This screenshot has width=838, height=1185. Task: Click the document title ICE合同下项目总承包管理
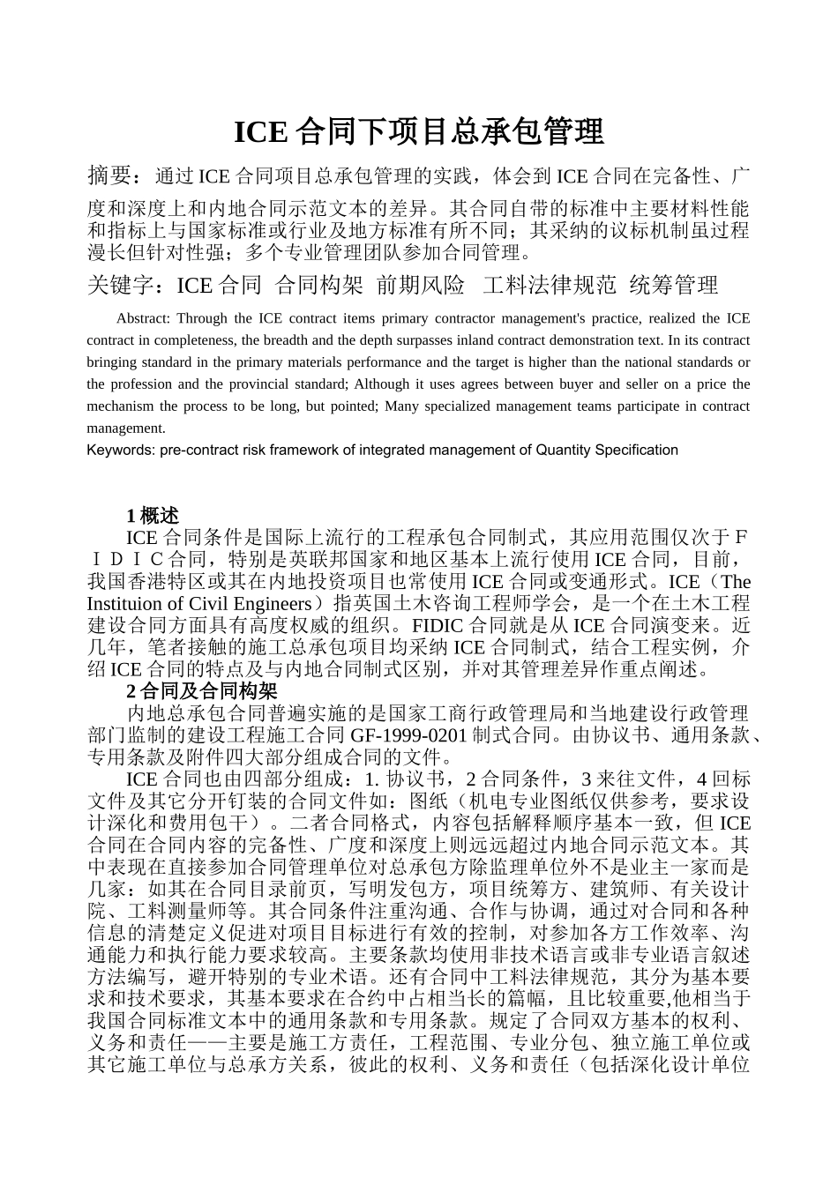419,132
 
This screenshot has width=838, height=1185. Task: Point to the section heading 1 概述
153,516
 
